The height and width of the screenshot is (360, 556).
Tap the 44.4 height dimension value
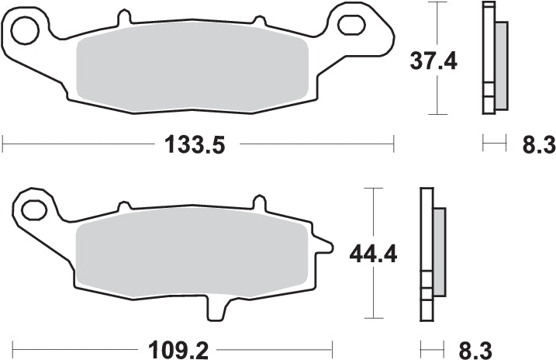[374, 253]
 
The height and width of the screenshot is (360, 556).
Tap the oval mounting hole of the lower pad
[33, 208]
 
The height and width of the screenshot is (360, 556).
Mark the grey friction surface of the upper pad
[194, 70]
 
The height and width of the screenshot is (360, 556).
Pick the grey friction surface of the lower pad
[190, 255]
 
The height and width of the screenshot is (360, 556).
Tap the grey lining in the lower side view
[439, 251]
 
